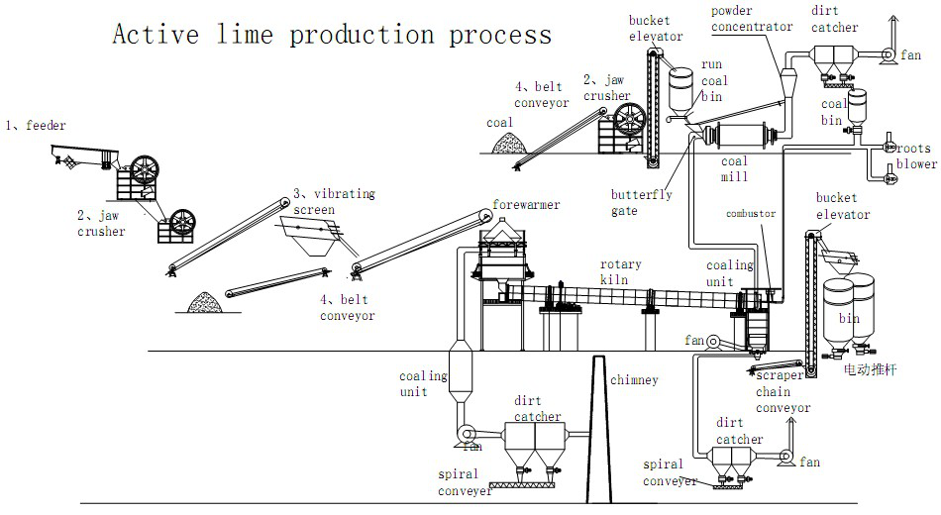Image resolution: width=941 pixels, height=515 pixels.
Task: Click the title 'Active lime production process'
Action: coord(332,35)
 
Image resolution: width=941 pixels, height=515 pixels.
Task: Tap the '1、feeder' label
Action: coord(36,126)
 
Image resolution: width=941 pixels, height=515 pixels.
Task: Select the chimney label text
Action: coord(634,380)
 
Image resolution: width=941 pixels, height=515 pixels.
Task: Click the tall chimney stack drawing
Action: coord(599,429)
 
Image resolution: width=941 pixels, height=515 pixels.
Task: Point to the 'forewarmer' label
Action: coord(526,205)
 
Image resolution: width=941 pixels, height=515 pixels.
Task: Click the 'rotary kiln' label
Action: coord(620,272)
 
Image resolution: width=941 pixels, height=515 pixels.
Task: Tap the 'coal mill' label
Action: coord(735,168)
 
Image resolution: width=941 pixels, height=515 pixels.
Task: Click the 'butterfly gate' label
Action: coord(642,202)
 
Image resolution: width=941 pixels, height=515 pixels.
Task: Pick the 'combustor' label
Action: coord(751,213)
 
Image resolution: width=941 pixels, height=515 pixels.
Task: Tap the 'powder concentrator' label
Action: coord(752,19)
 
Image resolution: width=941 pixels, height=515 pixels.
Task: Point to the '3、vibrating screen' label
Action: coord(334,201)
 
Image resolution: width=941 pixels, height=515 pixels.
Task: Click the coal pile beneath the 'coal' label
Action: coord(509,143)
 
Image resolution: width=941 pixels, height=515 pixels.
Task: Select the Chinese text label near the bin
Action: coord(871,369)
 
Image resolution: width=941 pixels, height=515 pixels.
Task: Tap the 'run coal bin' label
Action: coord(714,80)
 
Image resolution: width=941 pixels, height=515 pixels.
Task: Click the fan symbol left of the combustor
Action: coord(712,342)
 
